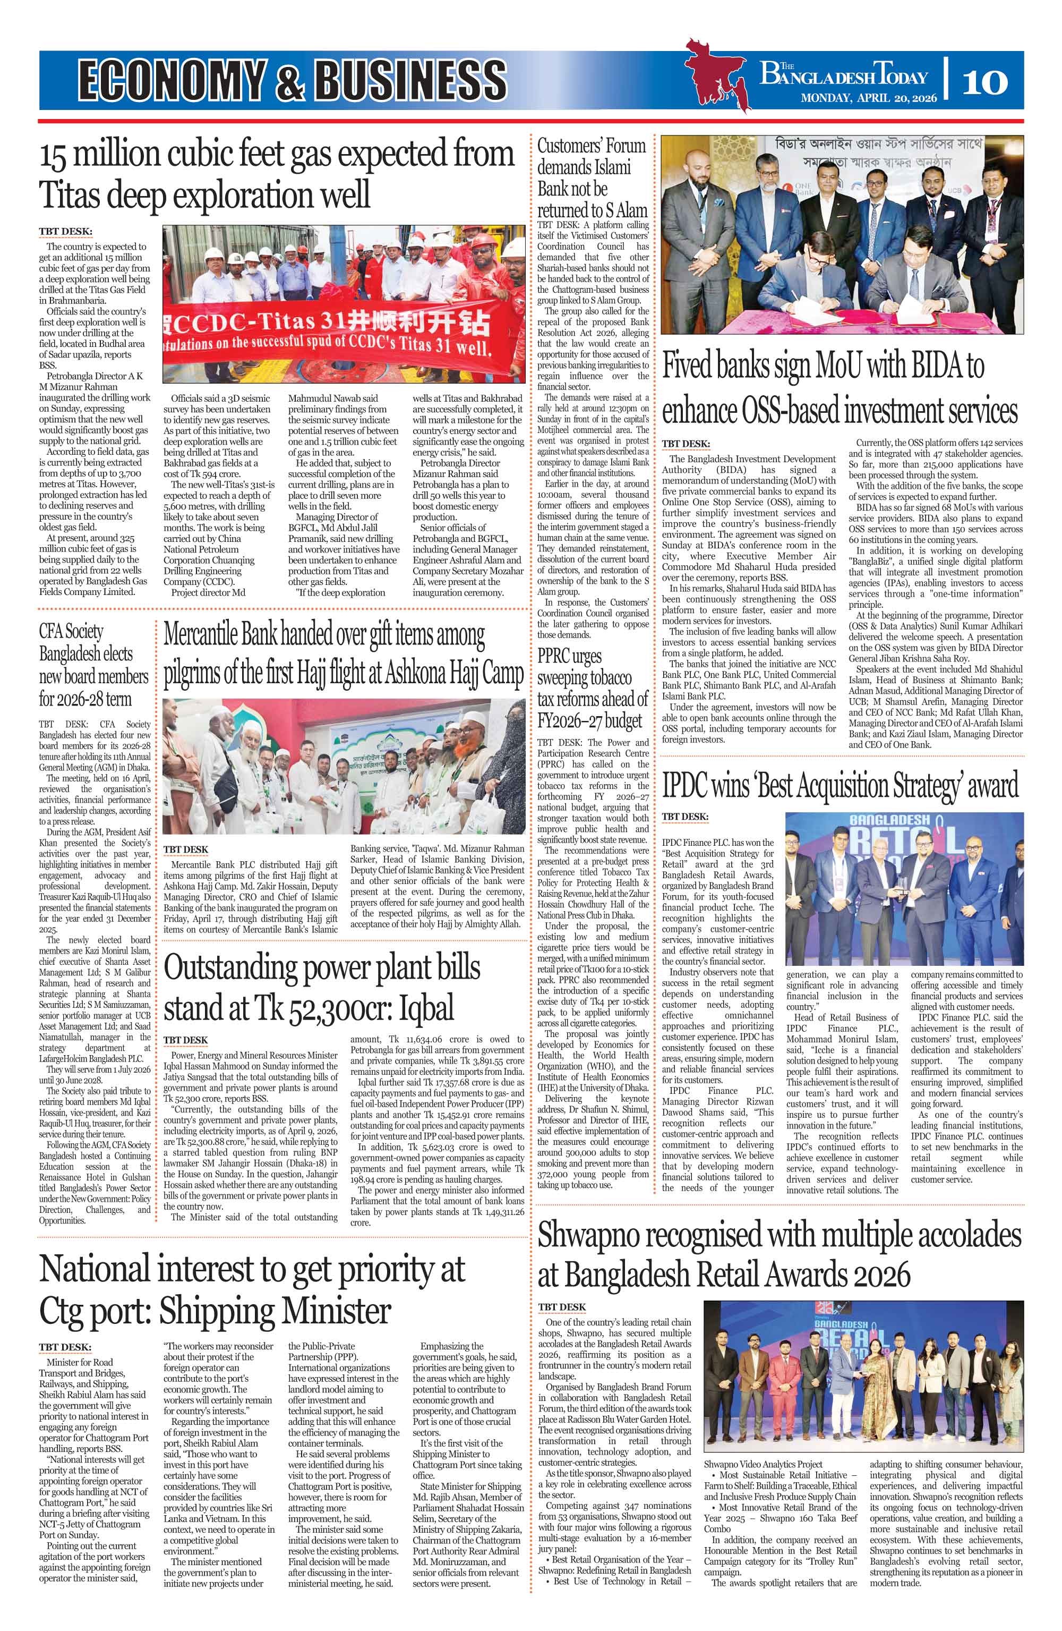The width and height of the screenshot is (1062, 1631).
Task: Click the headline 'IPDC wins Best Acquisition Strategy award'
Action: click(840, 786)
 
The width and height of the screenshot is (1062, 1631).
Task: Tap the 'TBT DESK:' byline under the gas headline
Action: click(65, 231)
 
